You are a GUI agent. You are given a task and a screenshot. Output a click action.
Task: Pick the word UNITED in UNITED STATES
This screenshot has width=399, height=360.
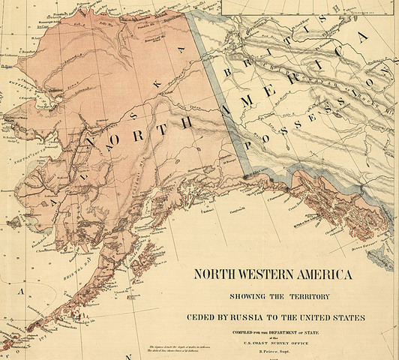[x=322, y=317]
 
